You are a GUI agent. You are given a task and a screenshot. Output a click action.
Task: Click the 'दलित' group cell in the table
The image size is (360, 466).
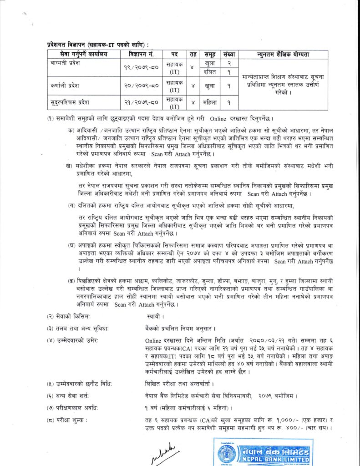(210, 71)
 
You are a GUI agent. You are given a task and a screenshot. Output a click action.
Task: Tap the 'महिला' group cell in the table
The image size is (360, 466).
(210, 102)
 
